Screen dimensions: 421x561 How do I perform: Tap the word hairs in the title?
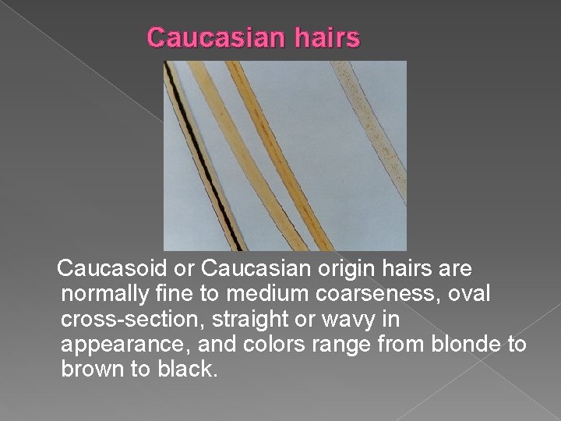tap(330, 37)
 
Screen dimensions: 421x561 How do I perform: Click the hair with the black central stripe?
tap(195, 156)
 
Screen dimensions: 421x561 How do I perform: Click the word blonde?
tap(439, 345)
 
